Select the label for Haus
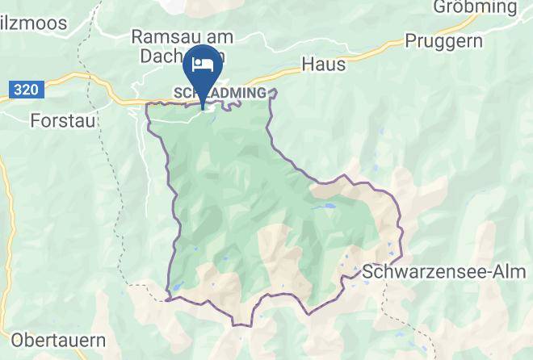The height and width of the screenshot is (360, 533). pyautogui.click(x=323, y=63)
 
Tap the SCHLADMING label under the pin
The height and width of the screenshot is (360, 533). pyautogui.click(x=220, y=93)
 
